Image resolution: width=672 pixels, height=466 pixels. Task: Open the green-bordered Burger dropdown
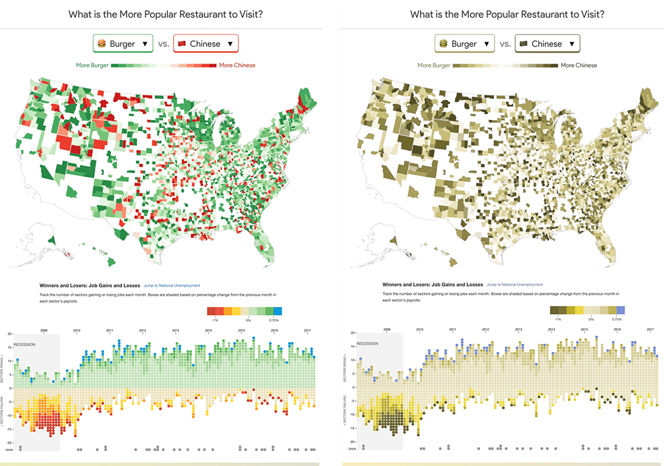coord(123,44)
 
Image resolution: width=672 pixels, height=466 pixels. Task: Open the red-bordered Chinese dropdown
coord(206,44)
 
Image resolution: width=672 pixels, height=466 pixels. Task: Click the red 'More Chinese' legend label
coord(237,66)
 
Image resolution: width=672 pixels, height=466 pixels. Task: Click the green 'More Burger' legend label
coord(92,66)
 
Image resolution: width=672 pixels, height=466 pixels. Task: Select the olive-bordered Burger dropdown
coord(465,44)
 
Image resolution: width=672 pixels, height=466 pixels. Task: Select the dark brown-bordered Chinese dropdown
coord(548,44)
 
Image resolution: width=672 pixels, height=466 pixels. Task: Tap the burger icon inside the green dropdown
coord(102,44)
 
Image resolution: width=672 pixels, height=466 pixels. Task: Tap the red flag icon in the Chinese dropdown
coord(181,44)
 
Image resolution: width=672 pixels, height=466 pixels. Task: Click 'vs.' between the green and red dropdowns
coord(164,44)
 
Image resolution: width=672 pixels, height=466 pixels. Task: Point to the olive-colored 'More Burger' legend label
coord(434,66)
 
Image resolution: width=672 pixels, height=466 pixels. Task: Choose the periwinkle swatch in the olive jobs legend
coord(620,310)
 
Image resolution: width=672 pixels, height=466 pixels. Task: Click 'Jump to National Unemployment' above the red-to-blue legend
coord(172,285)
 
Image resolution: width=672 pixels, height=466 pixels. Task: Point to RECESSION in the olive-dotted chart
coord(367,344)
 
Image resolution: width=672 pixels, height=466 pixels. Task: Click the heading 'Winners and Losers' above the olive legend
coord(433,285)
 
